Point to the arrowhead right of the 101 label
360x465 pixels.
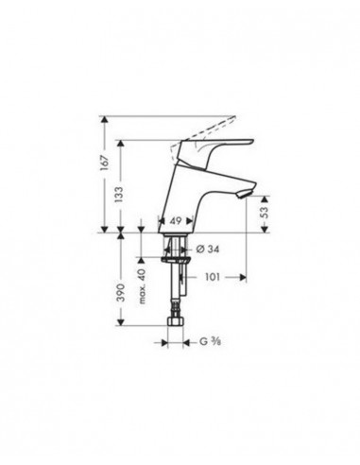coord(243,278)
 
